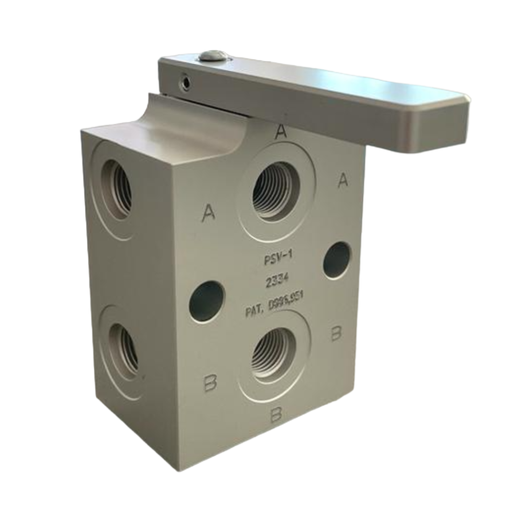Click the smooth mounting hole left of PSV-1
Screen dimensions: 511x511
tap(207, 301)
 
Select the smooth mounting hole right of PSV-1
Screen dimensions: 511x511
tap(337, 260)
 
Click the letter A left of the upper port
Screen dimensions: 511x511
tap(209, 214)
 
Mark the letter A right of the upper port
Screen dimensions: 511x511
tap(343, 180)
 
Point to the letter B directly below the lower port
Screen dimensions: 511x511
tap(275, 414)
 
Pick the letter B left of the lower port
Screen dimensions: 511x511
tap(211, 383)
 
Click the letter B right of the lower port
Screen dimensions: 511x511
tap(337, 333)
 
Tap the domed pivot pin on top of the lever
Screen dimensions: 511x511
tap(214, 55)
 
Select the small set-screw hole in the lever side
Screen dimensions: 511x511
tap(186, 83)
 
